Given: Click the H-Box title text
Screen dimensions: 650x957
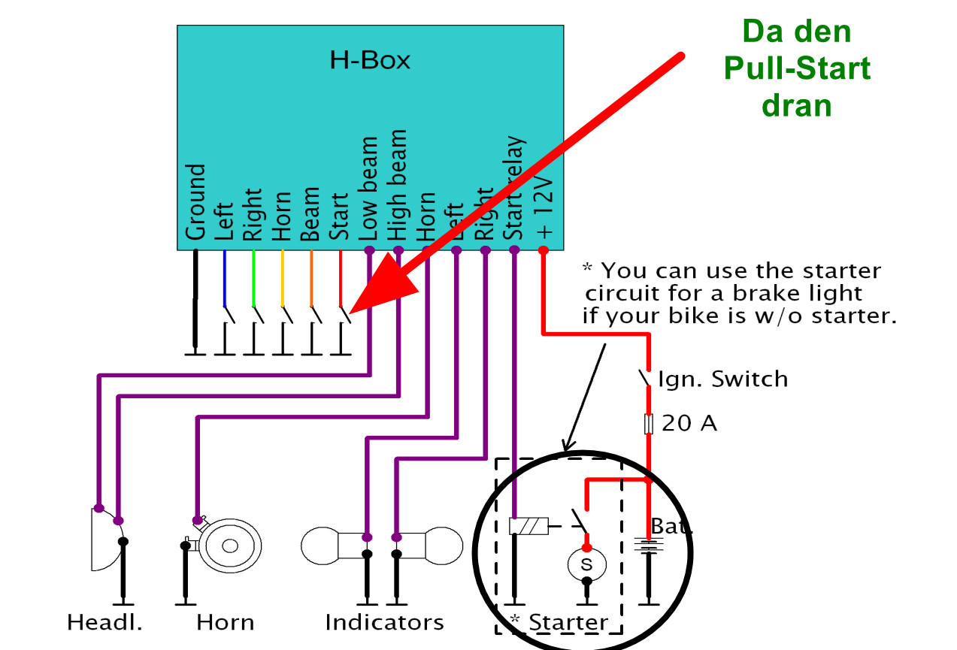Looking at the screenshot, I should pos(370,60).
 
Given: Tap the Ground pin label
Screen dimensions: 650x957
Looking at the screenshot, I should pos(196,201).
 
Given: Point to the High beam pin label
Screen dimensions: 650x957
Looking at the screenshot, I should pos(397,185).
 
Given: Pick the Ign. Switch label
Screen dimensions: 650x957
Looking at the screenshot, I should pos(722,379).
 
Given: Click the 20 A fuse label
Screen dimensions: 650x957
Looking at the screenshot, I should pos(689,424).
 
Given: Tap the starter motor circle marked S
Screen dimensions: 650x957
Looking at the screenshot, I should pos(587,564).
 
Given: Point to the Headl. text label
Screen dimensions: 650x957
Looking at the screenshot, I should pos(104,623).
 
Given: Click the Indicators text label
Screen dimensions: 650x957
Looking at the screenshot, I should pos(384,623).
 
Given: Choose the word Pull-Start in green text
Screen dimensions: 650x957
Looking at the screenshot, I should pos(796,68).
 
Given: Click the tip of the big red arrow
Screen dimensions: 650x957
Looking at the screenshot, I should pos(352,310).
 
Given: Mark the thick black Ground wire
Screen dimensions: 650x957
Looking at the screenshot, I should pos(196,301).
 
